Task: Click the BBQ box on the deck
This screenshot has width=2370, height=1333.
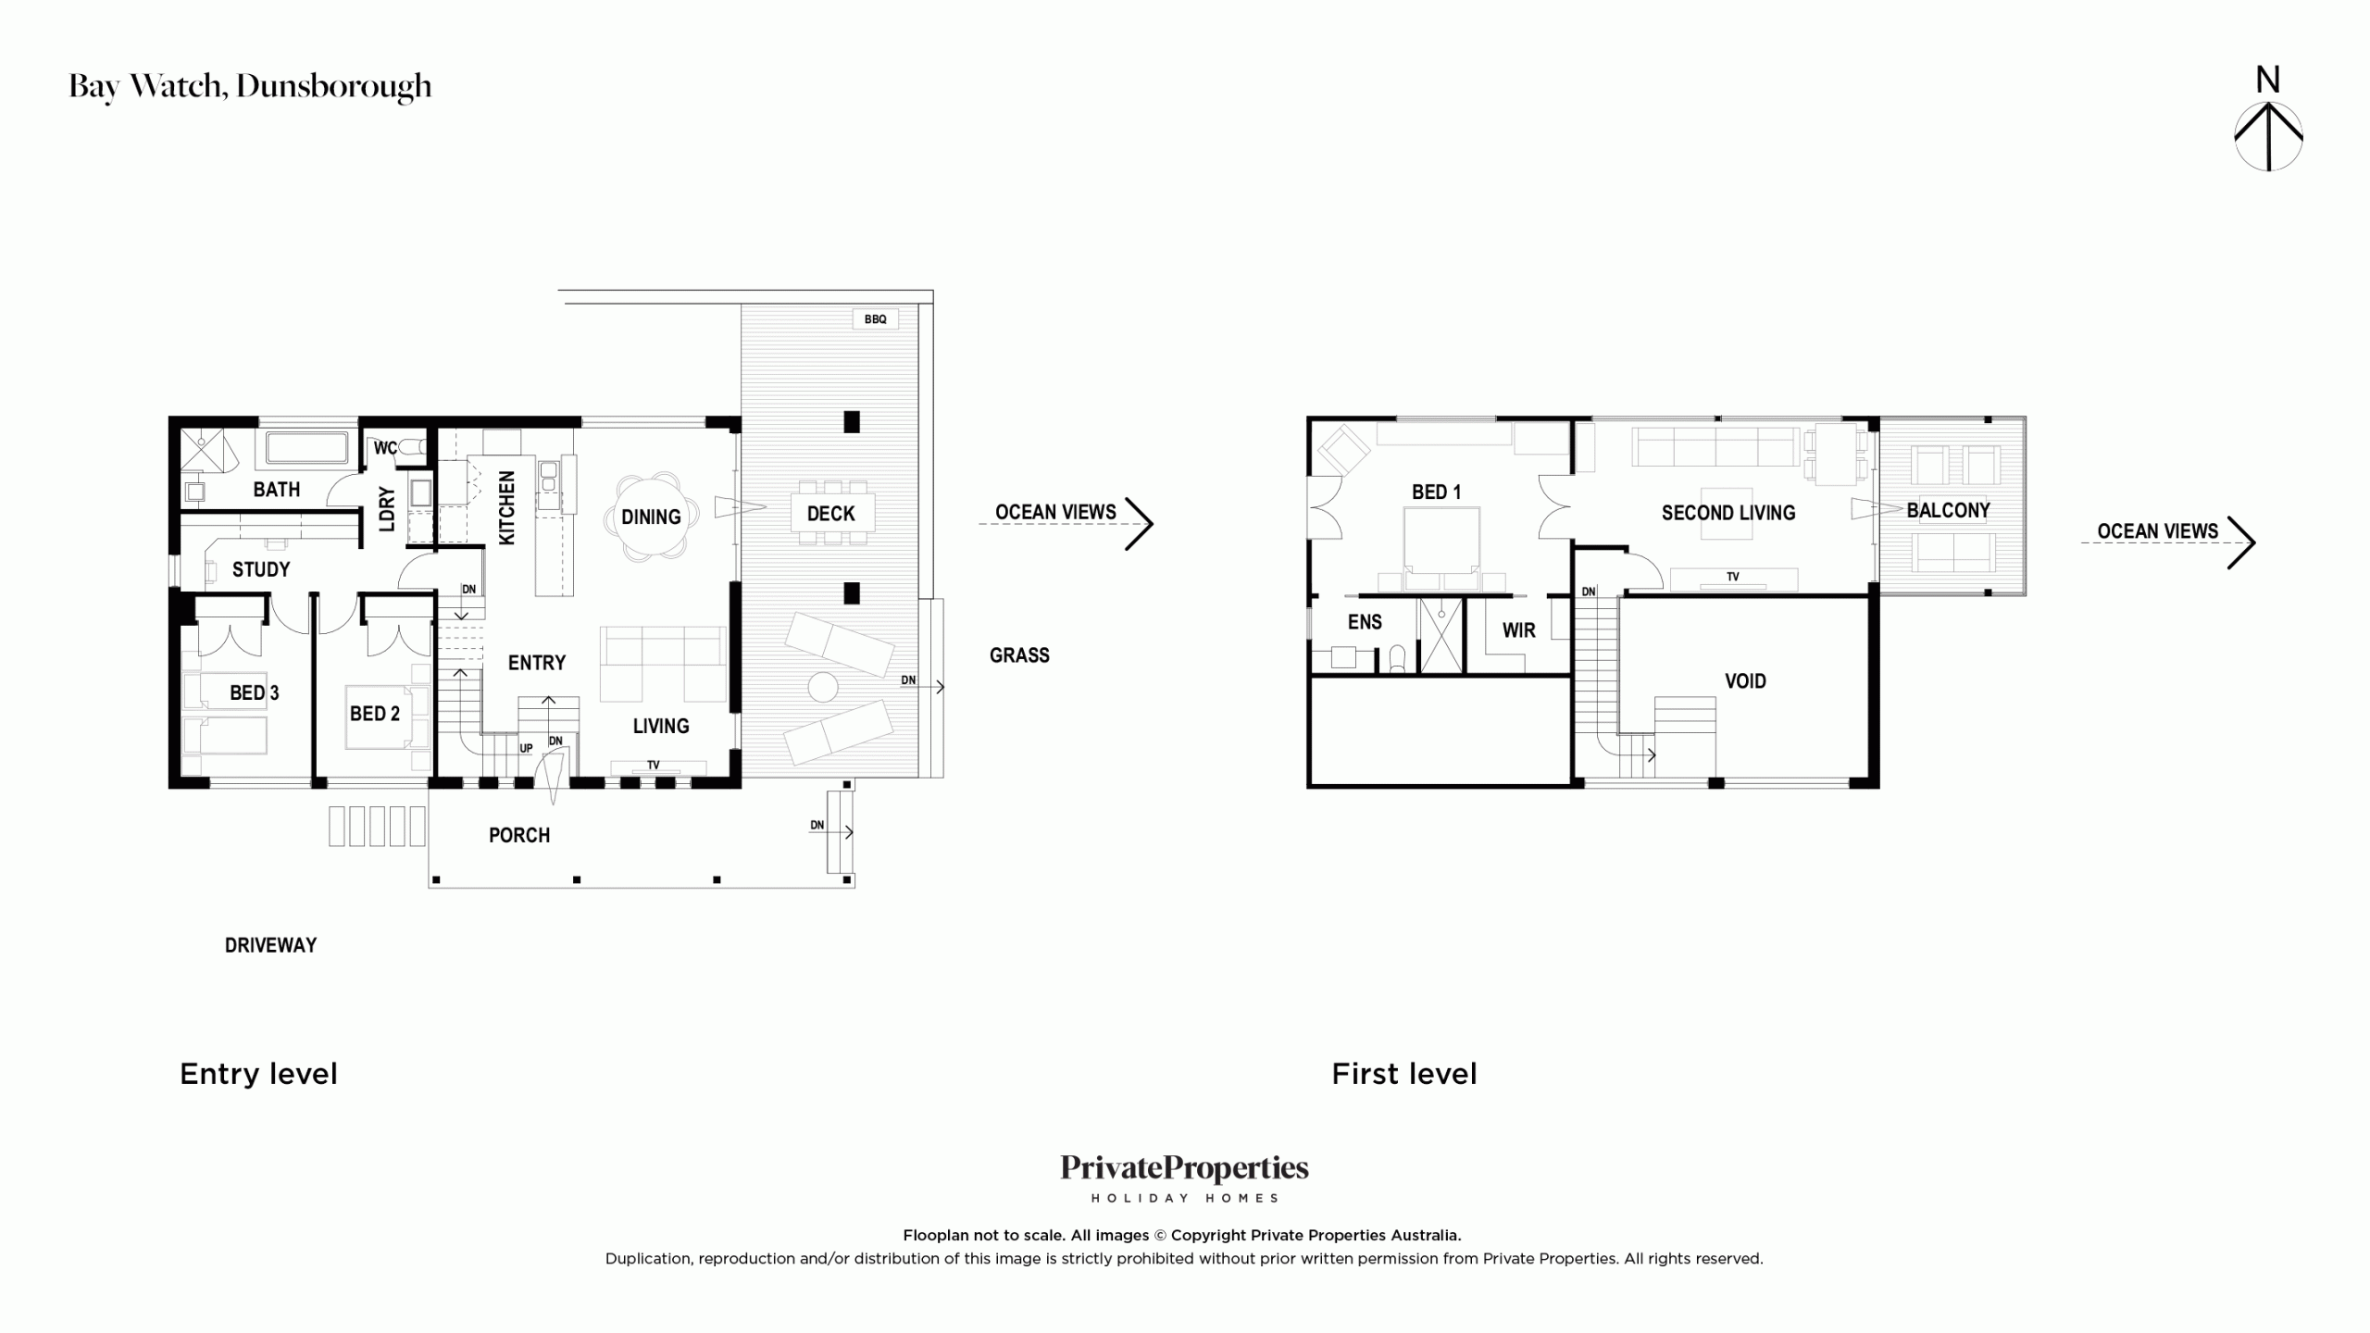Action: pyautogui.click(x=875, y=319)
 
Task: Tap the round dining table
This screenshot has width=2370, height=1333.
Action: pyautogui.click(x=651, y=517)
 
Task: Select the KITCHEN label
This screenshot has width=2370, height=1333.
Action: pyautogui.click(x=506, y=507)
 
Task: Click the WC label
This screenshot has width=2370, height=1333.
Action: pyautogui.click(x=385, y=448)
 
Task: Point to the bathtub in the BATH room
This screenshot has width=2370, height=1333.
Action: pyautogui.click(x=307, y=448)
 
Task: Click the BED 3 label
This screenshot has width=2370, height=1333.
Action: pyautogui.click(x=254, y=692)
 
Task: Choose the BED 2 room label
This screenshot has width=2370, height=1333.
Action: pyautogui.click(x=375, y=714)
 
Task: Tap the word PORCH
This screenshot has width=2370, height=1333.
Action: pyautogui.click(x=519, y=835)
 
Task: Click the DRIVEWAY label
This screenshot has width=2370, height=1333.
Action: pyautogui.click(x=270, y=945)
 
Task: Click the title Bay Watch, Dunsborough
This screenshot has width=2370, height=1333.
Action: pyautogui.click(x=250, y=86)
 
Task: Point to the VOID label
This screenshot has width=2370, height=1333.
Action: pyautogui.click(x=1745, y=681)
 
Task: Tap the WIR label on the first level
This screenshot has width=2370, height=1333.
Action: pyautogui.click(x=1518, y=630)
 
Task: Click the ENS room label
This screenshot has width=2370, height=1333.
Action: pyautogui.click(x=1365, y=622)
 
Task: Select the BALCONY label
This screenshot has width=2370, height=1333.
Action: pyautogui.click(x=1948, y=510)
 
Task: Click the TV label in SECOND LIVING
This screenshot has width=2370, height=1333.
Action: pyautogui.click(x=1732, y=577)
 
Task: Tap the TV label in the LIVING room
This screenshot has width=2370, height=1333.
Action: pyautogui.click(x=654, y=765)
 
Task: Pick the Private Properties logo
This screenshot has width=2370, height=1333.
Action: pyautogui.click(x=1184, y=1177)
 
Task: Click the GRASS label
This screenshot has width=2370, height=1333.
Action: pyautogui.click(x=1019, y=655)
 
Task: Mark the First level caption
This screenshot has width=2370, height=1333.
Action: pyautogui.click(x=1403, y=1074)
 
